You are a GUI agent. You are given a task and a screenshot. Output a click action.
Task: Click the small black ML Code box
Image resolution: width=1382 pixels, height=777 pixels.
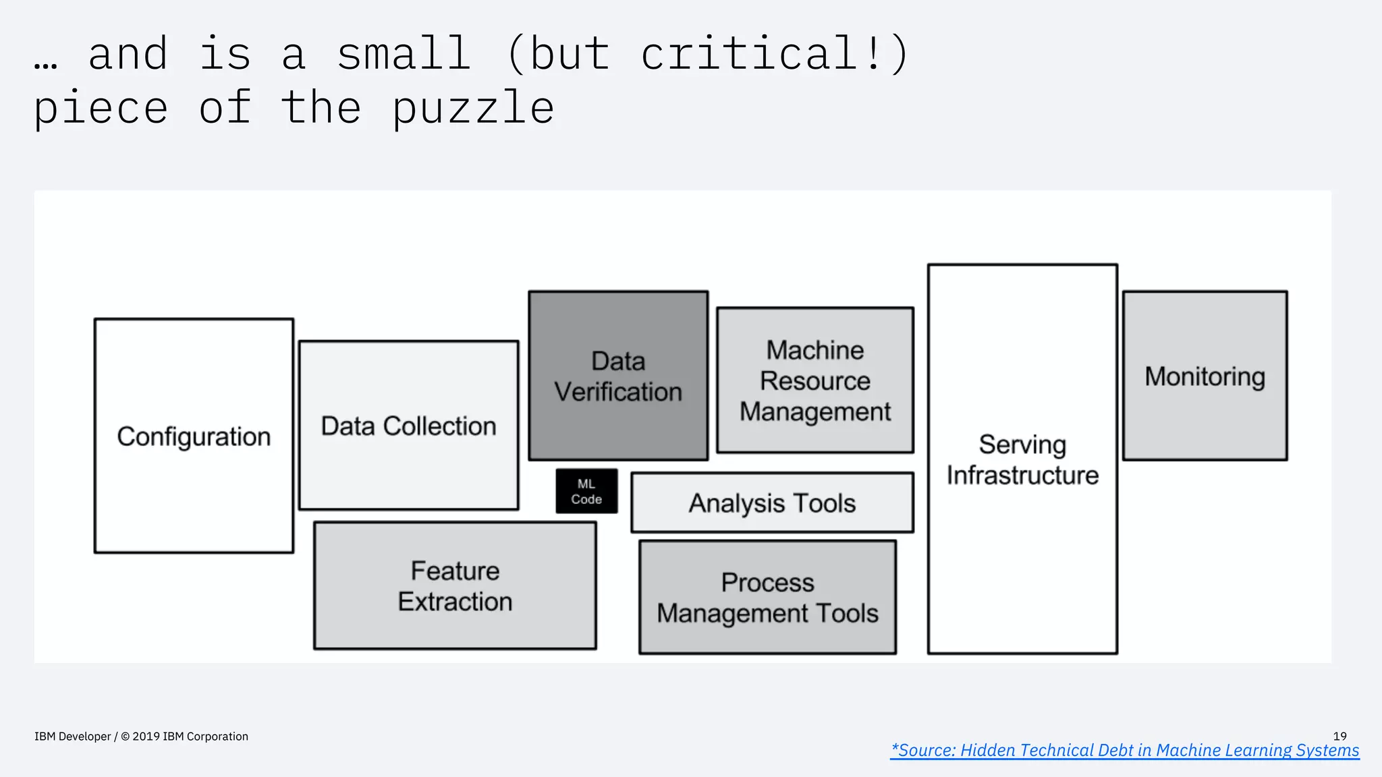pos(586,492)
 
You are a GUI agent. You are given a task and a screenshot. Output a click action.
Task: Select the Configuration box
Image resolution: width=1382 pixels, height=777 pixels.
pos(194,436)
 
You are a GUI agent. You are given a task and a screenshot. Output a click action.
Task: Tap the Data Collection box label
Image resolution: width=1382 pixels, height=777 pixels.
pos(408,426)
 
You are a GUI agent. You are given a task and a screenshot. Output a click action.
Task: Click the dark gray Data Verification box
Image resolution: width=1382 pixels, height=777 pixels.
pos(618,376)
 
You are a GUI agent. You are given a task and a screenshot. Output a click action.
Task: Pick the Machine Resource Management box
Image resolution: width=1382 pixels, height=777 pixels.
pos(815,380)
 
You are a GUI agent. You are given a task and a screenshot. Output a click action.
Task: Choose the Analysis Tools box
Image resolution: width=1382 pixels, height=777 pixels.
pos(772,503)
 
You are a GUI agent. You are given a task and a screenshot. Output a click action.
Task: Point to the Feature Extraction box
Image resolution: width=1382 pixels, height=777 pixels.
pos(455,585)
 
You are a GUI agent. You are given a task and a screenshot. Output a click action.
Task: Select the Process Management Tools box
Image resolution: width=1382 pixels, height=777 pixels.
pos(767,598)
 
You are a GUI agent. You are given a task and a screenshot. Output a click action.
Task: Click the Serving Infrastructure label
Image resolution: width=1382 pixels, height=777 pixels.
pos(1022,460)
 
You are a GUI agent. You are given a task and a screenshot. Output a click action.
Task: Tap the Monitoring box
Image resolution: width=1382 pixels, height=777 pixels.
pos(1205,376)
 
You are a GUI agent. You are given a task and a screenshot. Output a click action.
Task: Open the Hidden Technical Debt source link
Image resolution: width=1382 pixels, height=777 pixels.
pos(1124,750)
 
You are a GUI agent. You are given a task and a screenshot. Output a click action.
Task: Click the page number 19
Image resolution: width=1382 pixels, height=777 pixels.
pos(1339,737)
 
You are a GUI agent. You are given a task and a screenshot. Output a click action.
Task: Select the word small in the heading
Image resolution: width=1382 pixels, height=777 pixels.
pos(403,54)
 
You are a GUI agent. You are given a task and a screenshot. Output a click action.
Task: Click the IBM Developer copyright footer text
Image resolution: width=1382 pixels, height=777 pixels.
pos(141,737)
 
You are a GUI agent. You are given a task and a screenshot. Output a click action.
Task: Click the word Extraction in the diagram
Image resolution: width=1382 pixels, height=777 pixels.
pos(455,602)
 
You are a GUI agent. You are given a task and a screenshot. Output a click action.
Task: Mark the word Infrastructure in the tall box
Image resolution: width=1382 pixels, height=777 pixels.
pos(1022,476)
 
